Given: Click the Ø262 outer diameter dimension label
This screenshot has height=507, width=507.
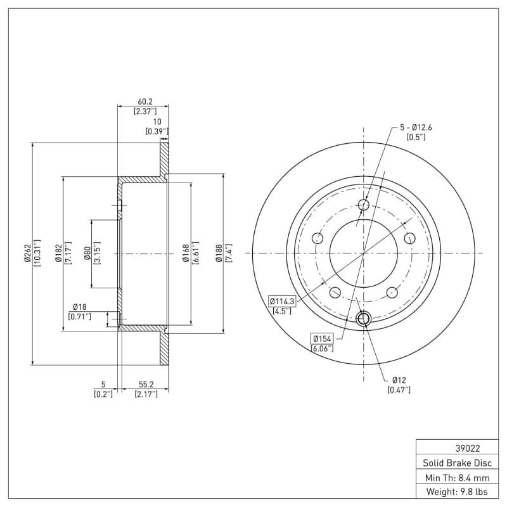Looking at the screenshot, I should (27, 253).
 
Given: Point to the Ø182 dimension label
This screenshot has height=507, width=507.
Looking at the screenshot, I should (58, 253).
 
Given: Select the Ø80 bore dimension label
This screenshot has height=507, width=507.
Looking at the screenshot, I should (87, 253).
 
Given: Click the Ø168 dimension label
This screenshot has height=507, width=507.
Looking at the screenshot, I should (186, 253).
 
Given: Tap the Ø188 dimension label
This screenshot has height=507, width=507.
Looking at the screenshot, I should (219, 253).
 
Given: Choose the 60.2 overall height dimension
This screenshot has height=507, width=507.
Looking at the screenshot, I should (145, 102).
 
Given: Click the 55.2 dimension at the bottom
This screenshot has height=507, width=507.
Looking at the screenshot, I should (146, 384).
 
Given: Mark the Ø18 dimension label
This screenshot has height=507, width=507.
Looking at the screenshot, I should (79, 307).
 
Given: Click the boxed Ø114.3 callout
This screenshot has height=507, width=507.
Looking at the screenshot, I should (282, 301).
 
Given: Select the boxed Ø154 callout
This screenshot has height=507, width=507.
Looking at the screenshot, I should (321, 338).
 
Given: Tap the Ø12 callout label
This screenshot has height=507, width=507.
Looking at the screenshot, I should (399, 380).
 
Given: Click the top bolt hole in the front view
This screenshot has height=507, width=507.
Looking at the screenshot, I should (364, 205).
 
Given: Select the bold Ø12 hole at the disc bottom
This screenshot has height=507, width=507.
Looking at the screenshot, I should (364, 319).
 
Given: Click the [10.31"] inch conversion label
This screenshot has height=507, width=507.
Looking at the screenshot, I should (37, 253).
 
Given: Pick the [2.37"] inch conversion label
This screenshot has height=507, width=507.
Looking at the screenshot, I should (145, 112).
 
